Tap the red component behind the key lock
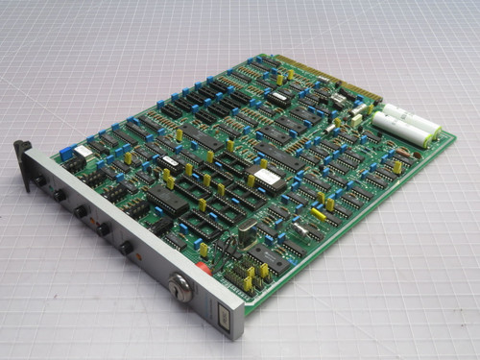[203, 270]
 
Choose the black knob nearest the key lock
[126, 248]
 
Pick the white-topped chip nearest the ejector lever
[84, 151]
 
